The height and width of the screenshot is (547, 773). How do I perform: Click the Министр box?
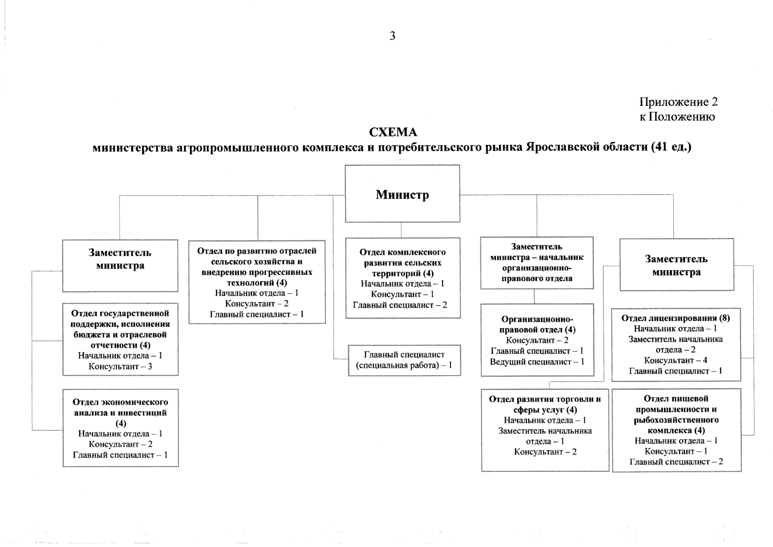point(402,194)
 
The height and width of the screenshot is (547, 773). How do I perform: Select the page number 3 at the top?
point(392,36)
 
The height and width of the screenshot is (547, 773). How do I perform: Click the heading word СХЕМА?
point(392,133)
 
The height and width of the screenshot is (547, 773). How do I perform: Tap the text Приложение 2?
point(678,102)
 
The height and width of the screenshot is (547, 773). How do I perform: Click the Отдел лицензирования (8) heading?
point(675,318)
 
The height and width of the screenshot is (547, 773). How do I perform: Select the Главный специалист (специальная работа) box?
point(404,360)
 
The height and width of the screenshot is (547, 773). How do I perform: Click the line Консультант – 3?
point(120,366)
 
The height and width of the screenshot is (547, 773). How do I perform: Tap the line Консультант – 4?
point(675,361)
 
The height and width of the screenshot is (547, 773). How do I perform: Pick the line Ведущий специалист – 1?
point(537,362)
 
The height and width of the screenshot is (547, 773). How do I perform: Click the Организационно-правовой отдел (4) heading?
point(537,324)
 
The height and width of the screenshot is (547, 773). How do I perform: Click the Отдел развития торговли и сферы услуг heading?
point(545,404)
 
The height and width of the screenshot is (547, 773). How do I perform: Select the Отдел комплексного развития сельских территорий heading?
point(402,263)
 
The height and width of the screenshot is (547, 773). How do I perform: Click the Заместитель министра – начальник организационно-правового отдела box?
point(537,263)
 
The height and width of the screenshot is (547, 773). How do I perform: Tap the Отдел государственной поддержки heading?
point(120,329)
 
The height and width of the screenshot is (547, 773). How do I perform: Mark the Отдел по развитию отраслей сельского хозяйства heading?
point(257,267)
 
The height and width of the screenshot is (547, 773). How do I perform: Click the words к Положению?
point(677,117)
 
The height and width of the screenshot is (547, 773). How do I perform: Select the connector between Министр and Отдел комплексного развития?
point(402,230)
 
